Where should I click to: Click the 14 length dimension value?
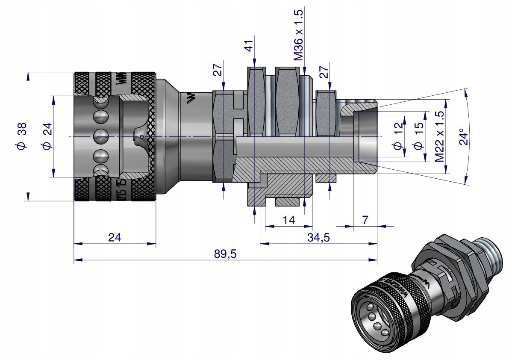click(289, 221)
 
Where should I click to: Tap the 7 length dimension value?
click(365, 221)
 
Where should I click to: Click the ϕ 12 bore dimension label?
click(398, 136)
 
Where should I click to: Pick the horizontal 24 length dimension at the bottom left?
click(114, 238)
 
